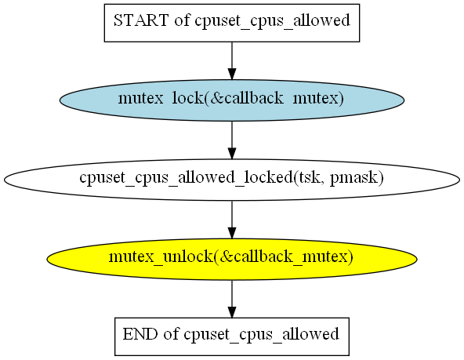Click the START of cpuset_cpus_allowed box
point(232,23)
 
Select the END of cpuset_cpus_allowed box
point(232,336)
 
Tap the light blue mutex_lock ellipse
point(232,100)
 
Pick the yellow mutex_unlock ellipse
point(232,259)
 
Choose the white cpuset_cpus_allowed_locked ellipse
point(232,180)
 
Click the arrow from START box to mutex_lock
point(232,60)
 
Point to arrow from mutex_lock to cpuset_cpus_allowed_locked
point(232,140)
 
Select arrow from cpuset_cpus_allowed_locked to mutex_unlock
point(232,220)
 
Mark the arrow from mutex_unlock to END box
point(232,299)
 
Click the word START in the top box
point(141,20)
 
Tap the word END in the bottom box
point(140,334)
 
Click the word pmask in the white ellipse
point(357,179)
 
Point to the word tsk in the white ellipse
point(310,177)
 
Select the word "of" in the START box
point(182,20)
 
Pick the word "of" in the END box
point(172,334)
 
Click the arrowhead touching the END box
point(232,312)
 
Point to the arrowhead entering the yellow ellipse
point(232,233)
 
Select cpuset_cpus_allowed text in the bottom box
point(261,335)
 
